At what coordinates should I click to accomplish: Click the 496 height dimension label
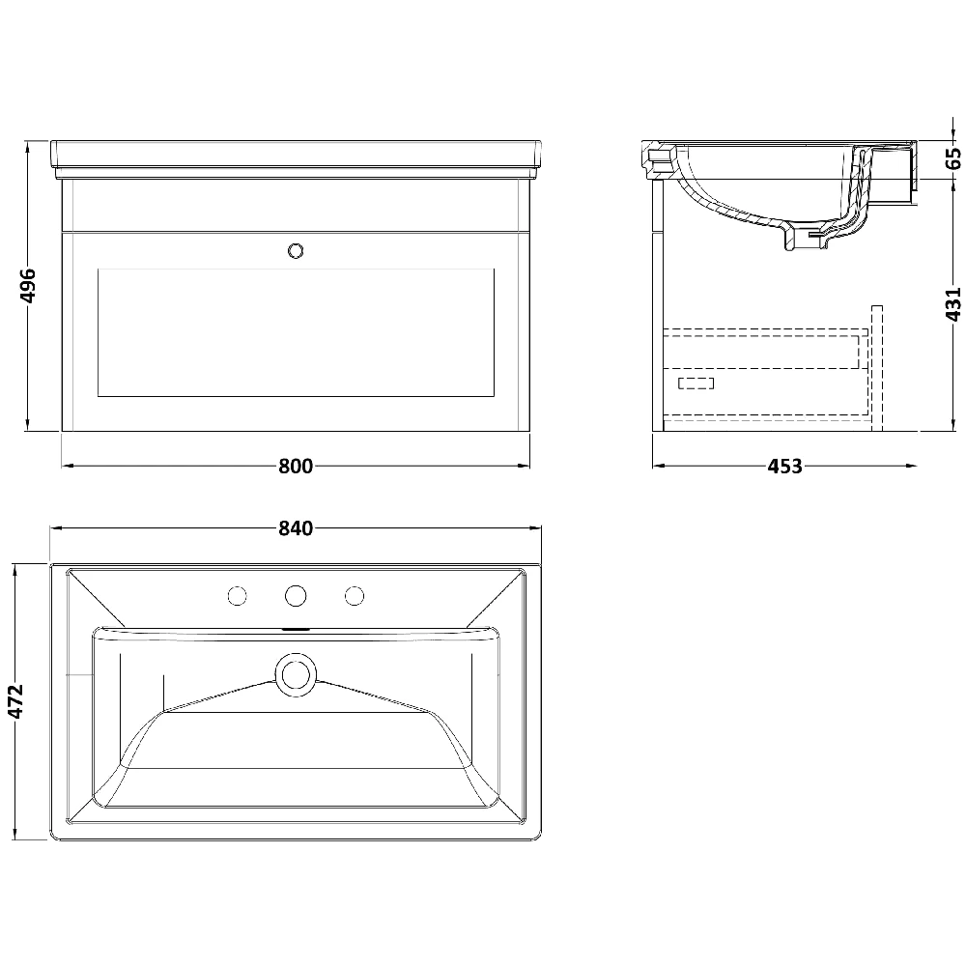point(28,286)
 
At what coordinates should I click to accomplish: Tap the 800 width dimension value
point(296,466)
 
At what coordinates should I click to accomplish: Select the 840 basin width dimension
point(296,528)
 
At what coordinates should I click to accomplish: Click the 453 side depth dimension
point(784,467)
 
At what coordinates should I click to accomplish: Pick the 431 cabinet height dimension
point(952,303)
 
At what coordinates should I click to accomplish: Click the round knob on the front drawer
point(296,251)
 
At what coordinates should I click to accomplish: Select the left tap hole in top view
point(235,595)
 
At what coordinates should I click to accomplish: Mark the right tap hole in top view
point(355,595)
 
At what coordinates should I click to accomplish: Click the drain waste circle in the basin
point(295,673)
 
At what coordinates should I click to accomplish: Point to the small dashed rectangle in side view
point(696,384)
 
